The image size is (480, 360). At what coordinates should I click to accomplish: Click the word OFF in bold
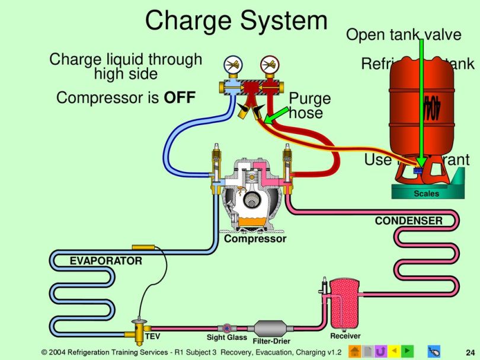tap(180, 98)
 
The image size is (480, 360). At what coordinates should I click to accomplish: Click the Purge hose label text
tap(309, 106)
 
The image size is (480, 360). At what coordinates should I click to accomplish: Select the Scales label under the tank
tap(425, 194)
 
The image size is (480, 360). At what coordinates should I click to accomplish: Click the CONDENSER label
tap(408, 221)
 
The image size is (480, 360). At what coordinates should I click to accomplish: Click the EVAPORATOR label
tap(106, 261)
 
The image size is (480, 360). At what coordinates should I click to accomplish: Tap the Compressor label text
tap(255, 239)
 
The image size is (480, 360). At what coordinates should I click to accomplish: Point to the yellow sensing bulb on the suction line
tap(143, 246)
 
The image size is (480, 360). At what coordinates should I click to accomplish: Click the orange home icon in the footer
tap(355, 351)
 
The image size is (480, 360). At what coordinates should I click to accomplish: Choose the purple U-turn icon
tap(381, 351)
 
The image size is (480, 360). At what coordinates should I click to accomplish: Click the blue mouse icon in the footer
tap(434, 351)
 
